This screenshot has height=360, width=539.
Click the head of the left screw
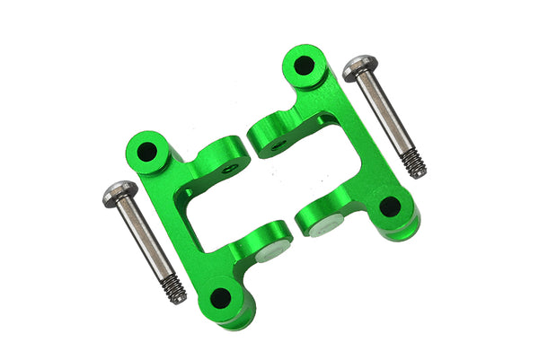point(119,192)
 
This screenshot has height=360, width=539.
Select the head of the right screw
point(359,68)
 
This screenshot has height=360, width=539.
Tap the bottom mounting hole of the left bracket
point(218,299)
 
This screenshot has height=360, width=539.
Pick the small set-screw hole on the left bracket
point(231,167)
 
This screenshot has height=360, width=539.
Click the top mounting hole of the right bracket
point(305,66)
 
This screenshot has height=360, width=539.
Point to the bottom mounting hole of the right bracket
point(389,206)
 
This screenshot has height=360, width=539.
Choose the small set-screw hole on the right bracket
point(279,143)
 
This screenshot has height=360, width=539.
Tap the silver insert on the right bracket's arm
point(321,228)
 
